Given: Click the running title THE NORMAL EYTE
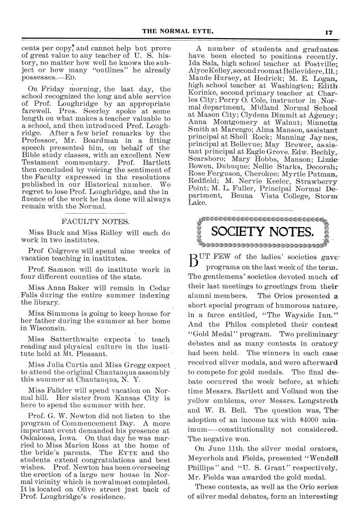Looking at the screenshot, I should [x=179, y=31].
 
